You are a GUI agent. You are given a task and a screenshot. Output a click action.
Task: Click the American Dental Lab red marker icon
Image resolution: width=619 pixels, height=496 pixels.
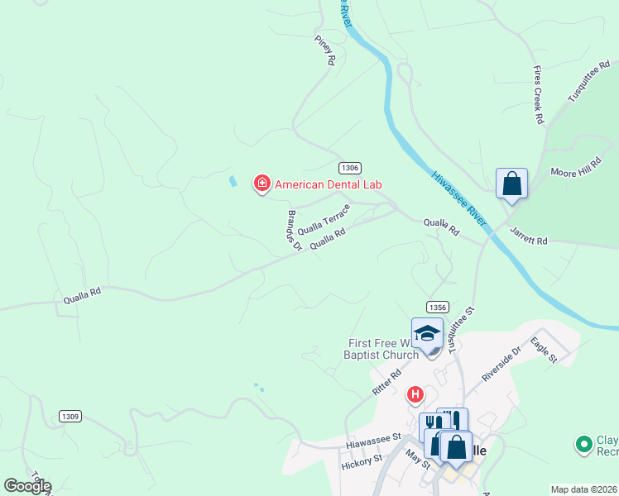coord(262,184)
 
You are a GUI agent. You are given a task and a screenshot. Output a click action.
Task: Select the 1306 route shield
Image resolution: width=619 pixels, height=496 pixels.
coord(349,168)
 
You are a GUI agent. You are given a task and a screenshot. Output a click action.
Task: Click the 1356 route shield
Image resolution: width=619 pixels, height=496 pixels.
coord(438,307)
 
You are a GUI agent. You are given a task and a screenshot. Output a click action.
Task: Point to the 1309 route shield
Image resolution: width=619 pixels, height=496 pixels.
coord(70,416)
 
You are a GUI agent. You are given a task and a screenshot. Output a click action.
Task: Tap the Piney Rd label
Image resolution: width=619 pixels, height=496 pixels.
coord(324,50)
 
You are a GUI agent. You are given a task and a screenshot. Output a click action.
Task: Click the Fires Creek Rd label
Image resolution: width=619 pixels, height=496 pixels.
coord(538,95)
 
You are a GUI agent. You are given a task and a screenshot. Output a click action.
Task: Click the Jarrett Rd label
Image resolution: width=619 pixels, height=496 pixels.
coord(529,236)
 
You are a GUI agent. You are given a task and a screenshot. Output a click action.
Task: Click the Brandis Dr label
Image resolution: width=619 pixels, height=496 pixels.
coord(291,230)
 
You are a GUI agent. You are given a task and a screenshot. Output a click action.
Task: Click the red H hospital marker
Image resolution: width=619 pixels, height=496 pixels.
coord(415,396)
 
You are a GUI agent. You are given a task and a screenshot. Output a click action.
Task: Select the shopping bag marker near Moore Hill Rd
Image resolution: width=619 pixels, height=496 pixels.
coord(511,184)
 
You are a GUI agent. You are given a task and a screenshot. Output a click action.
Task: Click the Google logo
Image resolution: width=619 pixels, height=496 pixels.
coord(27,486)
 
